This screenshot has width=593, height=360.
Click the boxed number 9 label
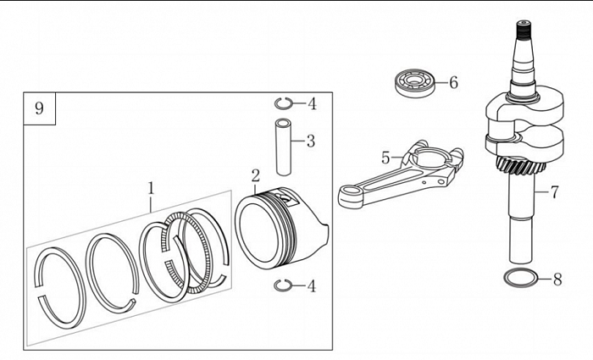click(x=39, y=108)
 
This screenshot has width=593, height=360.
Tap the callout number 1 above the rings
click(x=151, y=185)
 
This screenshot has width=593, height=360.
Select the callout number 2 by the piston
click(x=255, y=175)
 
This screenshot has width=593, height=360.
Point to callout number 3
click(x=310, y=141)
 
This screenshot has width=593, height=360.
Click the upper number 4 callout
click(x=312, y=104)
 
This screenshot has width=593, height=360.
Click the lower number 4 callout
click(x=311, y=285)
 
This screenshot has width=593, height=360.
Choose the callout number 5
click(x=385, y=158)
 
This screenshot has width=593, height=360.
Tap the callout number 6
click(x=453, y=82)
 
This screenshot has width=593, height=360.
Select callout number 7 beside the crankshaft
click(x=554, y=191)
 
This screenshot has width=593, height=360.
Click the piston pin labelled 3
click(x=282, y=139)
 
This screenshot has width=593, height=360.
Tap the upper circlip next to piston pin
click(x=284, y=103)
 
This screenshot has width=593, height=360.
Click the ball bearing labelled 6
click(x=413, y=83)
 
